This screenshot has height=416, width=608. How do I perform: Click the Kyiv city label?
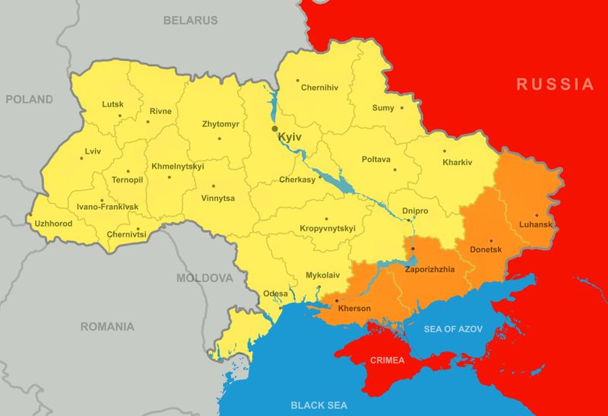pyautogui.click(x=291, y=137)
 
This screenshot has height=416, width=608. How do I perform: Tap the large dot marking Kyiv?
pyautogui.click(x=275, y=129)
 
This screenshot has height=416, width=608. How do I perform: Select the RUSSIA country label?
pyautogui.click(x=556, y=84)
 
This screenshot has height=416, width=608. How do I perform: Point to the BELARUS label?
pyautogui.click(x=190, y=21)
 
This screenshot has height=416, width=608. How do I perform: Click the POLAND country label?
pyautogui.click(x=30, y=100)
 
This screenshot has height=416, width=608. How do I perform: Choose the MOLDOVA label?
pyautogui.click(x=205, y=278)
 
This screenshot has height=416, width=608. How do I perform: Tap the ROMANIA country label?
pyautogui.click(x=108, y=327)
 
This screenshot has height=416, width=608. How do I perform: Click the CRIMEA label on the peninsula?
pyautogui.click(x=387, y=360)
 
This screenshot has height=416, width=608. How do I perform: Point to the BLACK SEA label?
pyautogui.click(x=319, y=405)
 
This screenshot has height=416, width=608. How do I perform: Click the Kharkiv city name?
pyautogui.click(x=458, y=163)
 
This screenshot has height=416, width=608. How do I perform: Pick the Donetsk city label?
pyautogui.click(x=486, y=249)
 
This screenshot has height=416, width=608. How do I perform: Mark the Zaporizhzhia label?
pyautogui.click(x=430, y=269)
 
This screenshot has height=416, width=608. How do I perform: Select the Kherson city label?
pyautogui.click(x=354, y=308)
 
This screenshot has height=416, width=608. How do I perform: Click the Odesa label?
pyautogui.click(x=276, y=294)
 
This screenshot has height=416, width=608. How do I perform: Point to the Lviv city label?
pyautogui.click(x=93, y=151)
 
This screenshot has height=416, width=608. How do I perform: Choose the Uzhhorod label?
pyautogui.click(x=54, y=224)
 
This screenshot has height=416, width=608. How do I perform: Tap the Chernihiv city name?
pyautogui.click(x=319, y=87)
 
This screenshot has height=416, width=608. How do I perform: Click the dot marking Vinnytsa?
pyautogui.click(x=214, y=186)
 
